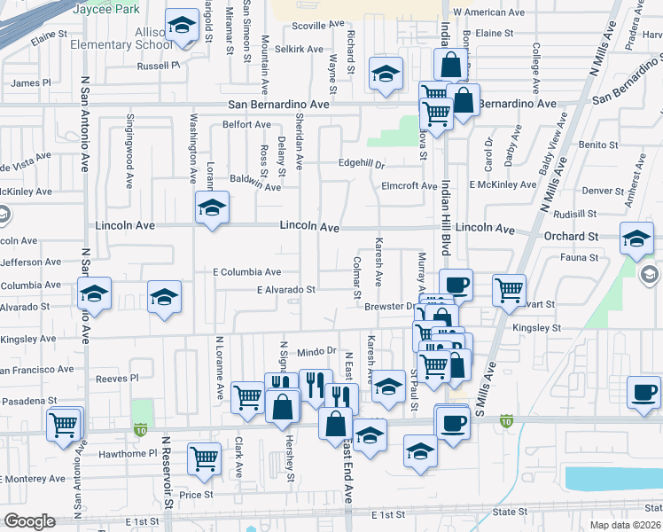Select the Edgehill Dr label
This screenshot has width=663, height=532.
(362, 163)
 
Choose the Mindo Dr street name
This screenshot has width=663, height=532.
(317, 352)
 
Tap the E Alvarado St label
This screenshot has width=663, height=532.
(286, 290)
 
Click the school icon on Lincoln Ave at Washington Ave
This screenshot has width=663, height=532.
(211, 209)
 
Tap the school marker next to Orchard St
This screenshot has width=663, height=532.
(636, 238)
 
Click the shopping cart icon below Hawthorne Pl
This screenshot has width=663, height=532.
(204, 458)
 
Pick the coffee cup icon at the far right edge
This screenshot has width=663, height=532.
(643, 392)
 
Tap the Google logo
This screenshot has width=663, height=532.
(30, 521)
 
